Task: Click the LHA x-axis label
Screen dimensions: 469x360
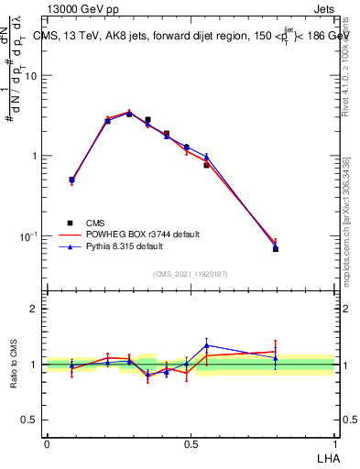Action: point(325,457)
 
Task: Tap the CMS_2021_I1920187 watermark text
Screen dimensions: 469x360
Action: point(191,274)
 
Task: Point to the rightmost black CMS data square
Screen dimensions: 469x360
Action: point(276,248)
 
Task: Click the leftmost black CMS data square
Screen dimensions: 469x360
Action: point(71,180)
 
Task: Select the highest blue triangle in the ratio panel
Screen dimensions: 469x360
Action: point(207,345)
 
